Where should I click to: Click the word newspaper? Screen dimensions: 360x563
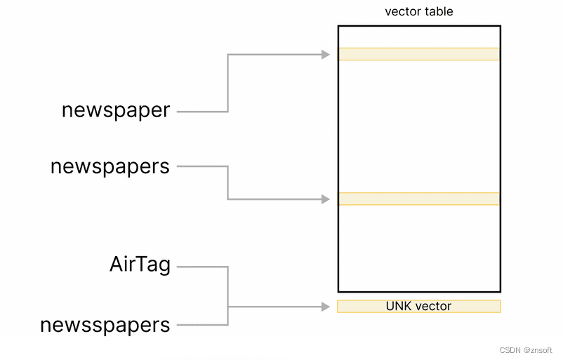[116, 110]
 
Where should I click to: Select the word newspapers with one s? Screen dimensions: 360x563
[110, 166]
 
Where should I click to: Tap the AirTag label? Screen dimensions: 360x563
[140, 265]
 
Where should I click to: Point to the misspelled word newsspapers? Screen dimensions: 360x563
[105, 325]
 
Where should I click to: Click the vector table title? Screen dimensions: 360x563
[418, 12]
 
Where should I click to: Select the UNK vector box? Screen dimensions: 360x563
[418, 307]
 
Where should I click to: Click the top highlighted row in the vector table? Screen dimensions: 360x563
[418, 54]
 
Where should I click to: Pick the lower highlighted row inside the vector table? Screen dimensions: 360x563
[418, 199]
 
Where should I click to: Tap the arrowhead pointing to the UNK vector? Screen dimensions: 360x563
[326, 307]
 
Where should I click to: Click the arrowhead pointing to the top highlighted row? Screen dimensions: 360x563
[326, 54]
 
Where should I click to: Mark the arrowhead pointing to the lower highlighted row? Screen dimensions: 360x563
[326, 199]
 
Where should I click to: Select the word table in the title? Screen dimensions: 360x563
[439, 12]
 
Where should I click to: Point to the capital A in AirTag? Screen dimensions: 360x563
[117, 265]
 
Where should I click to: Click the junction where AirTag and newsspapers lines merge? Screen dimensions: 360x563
[228, 307]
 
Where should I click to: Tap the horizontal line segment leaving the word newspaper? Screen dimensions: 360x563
[202, 111]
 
